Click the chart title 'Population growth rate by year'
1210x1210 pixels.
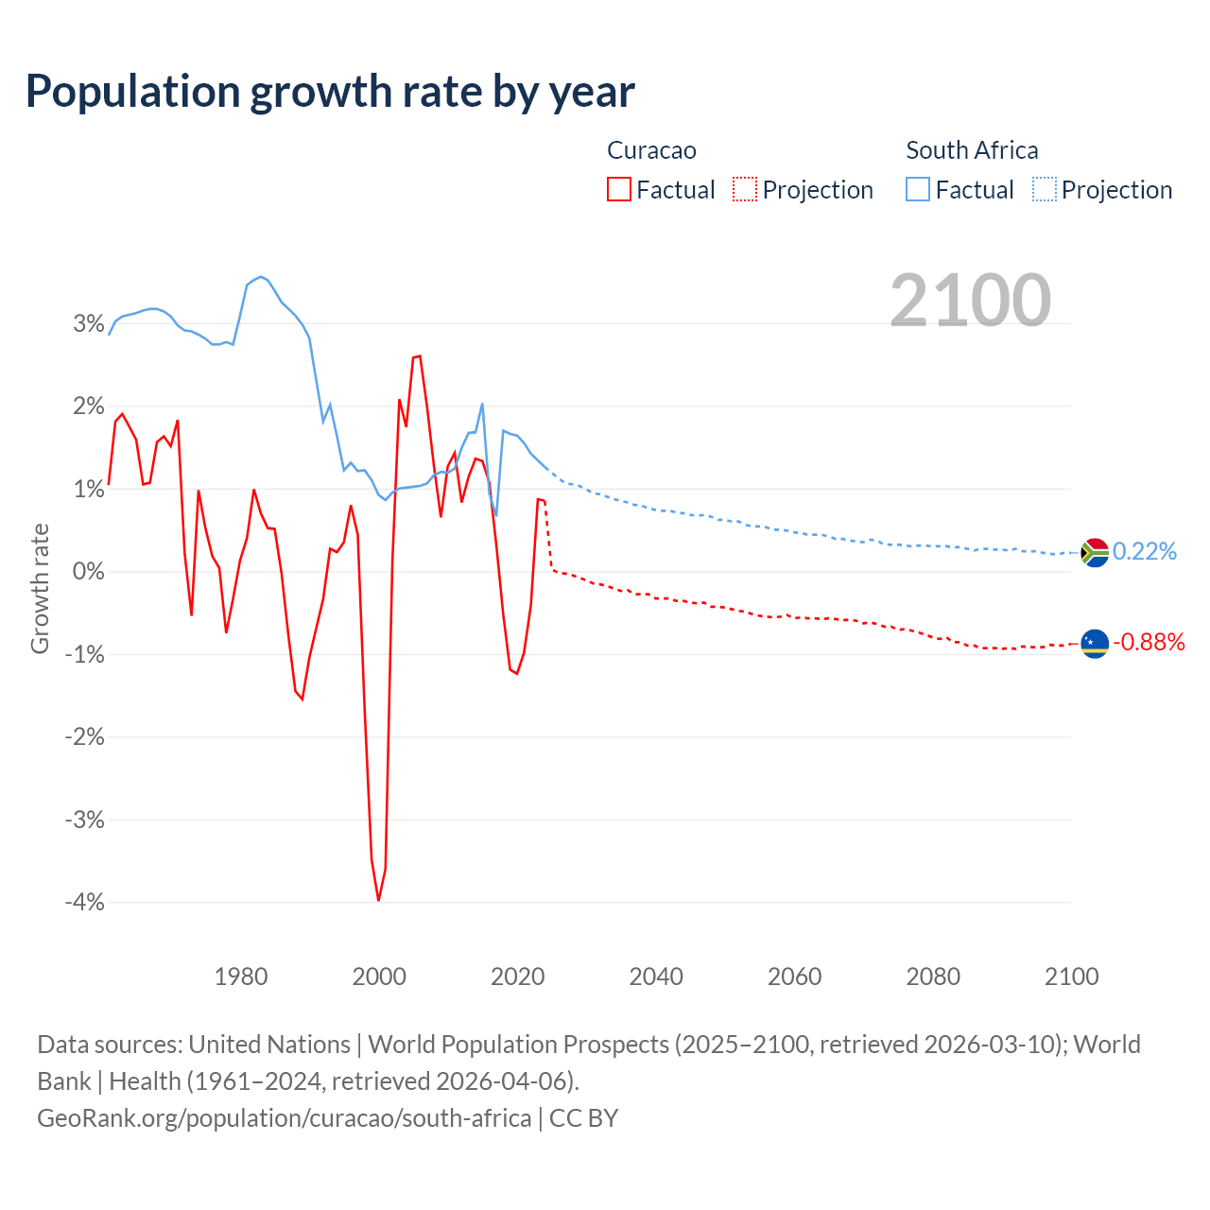(330, 92)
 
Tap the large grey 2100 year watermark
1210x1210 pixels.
(970, 300)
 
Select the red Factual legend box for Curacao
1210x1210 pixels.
(618, 189)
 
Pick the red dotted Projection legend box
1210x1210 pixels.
(745, 189)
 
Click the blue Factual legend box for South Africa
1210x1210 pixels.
(917, 189)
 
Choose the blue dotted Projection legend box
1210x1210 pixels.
(1044, 189)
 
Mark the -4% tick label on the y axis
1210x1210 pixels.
(85, 902)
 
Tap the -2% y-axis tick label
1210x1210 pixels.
(85, 736)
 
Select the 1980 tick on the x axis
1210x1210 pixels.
(241, 977)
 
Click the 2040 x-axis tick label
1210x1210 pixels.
(656, 977)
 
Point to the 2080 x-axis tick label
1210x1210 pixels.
(933, 977)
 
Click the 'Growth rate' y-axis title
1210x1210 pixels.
(40, 588)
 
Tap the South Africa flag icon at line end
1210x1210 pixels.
(1094, 552)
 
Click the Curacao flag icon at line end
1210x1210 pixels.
(1094, 644)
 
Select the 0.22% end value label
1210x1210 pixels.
(1145, 551)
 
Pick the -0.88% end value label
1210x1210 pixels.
(1149, 643)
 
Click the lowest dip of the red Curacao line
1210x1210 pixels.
(378, 900)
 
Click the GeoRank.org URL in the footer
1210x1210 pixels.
(284, 1118)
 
